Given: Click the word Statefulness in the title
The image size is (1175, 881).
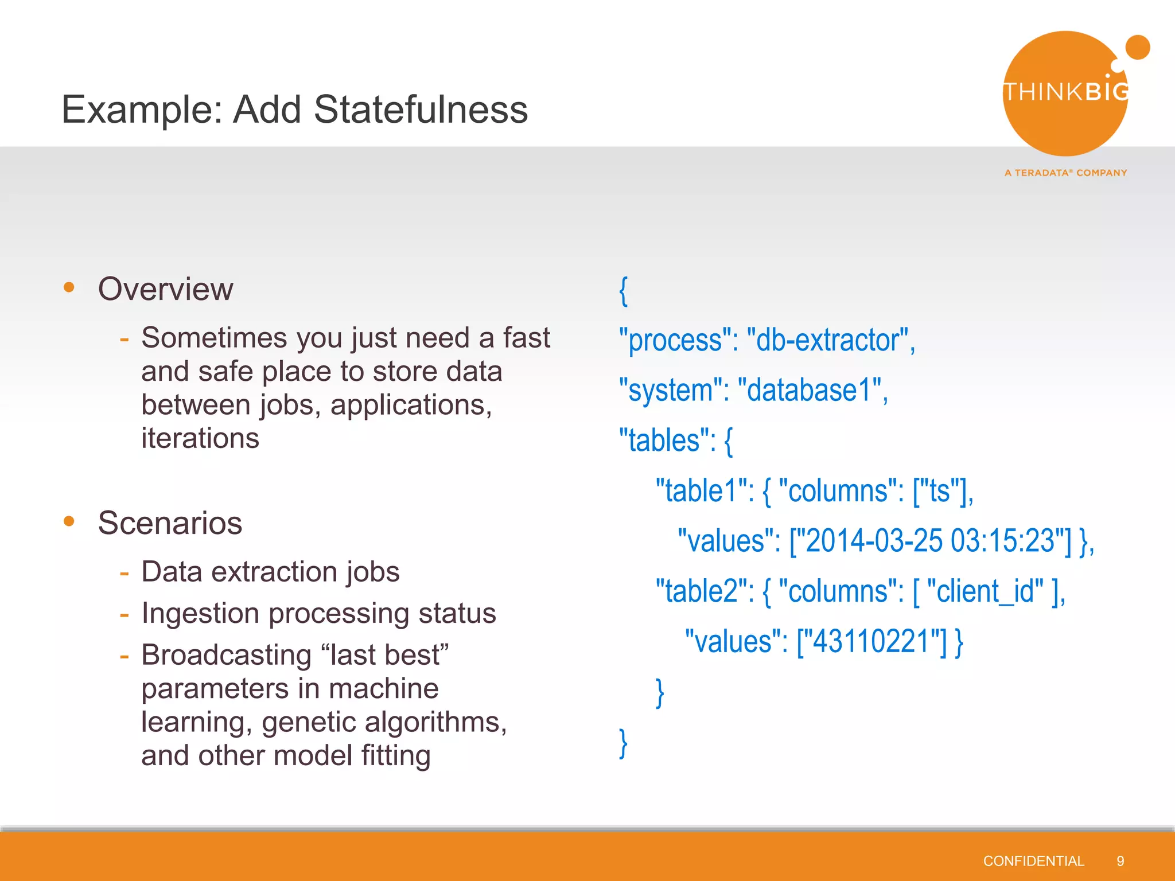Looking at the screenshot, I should tap(421, 109).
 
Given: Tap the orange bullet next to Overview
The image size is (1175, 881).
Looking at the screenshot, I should tap(69, 287).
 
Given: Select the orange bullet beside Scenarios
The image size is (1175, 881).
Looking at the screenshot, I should tap(69, 521).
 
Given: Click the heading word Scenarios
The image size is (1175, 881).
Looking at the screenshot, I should tap(170, 523).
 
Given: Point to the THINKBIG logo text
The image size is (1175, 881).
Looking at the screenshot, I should tap(1066, 92).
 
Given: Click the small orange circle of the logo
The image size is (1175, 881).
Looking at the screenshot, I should tap(1137, 48).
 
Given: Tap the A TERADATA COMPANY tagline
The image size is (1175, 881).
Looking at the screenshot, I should tap(1065, 173).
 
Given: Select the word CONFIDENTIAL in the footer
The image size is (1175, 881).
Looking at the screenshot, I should tap(1033, 861).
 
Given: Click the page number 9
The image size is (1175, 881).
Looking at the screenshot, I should tap(1120, 861).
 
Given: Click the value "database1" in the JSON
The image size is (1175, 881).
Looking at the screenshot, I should tap(809, 391).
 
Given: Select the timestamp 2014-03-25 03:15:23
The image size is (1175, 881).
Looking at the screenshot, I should tap(930, 541).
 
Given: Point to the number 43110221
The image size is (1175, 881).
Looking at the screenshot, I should tap(871, 641).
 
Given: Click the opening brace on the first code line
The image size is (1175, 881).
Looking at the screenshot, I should tap(624, 291).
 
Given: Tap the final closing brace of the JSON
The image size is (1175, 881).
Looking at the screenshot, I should tap(624, 743).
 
